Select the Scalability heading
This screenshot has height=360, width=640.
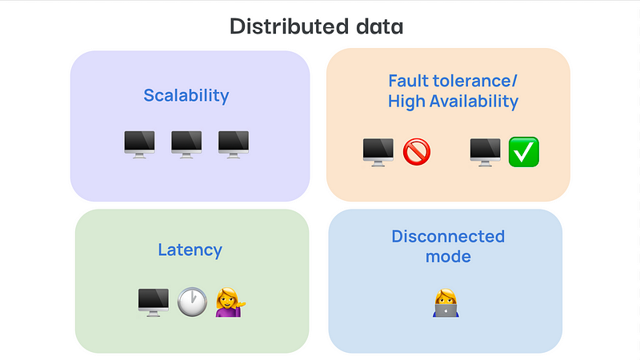click(x=186, y=96)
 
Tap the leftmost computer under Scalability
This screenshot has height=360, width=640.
click(x=139, y=144)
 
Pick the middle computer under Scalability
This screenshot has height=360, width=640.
click(x=186, y=144)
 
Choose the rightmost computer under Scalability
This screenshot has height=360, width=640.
click(x=234, y=144)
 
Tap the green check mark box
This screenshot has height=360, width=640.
click(x=524, y=151)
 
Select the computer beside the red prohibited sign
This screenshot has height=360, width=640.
click(x=378, y=151)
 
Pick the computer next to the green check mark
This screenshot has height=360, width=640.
click(x=485, y=151)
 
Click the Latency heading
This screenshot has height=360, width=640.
click(x=190, y=250)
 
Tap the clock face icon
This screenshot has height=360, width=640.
click(x=192, y=302)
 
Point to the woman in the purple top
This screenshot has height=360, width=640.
click(x=229, y=302)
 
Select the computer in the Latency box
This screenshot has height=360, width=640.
click(x=154, y=302)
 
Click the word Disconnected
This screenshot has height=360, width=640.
click(x=448, y=237)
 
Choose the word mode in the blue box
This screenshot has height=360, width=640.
click(x=448, y=258)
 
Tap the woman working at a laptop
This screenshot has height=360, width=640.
click(x=446, y=302)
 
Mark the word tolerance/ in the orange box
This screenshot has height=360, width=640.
click(x=473, y=81)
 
